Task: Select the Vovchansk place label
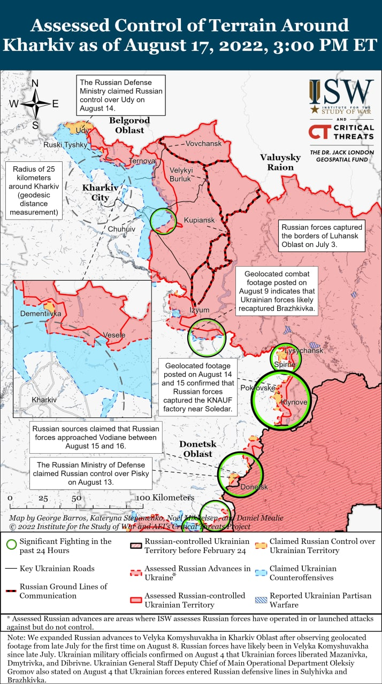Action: pos(203,144)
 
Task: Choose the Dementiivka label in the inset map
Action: pos(41,314)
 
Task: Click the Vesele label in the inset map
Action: pos(114,335)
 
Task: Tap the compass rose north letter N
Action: pos(35,83)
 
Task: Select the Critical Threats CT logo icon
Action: pos(319,132)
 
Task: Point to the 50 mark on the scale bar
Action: pos(77,498)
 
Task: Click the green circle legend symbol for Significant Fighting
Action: pos(11,546)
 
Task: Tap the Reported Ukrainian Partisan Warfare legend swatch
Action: pos(261,600)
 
